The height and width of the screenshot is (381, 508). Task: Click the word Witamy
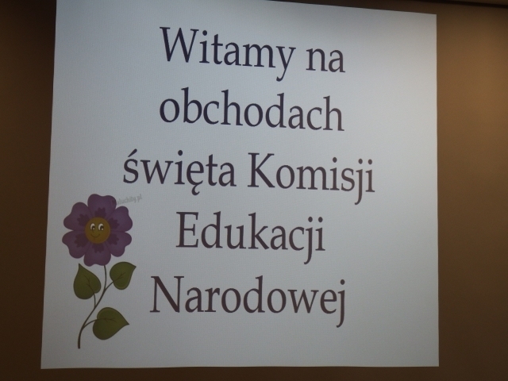[x=229, y=52]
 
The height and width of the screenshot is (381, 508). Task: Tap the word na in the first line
[x=325, y=59]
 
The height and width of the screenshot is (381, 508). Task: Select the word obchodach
[x=252, y=109]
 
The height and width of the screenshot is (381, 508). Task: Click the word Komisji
[x=311, y=175]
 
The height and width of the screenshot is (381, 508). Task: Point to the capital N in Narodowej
[x=166, y=293]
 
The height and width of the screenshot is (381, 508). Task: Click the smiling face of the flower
[x=98, y=229]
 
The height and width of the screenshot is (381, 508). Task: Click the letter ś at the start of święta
[x=131, y=171]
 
